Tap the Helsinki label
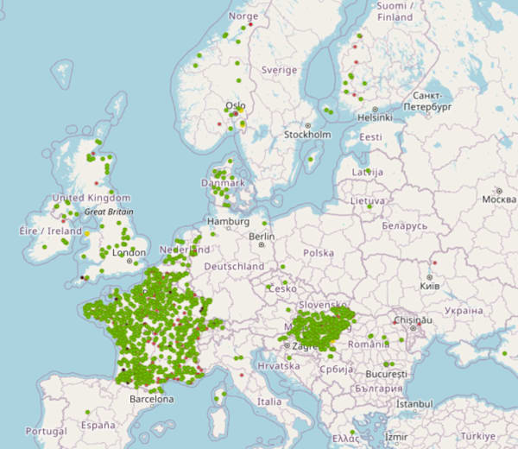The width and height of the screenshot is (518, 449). pyautogui.click(x=375, y=117)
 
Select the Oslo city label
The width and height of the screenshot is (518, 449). pyautogui.click(x=235, y=106)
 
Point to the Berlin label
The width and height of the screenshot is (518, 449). pyautogui.click(x=261, y=237)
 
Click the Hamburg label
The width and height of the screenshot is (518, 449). pyautogui.click(x=228, y=222)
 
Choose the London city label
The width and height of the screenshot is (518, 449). pyautogui.click(x=129, y=253)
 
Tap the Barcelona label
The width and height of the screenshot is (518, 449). pyautogui.click(x=151, y=400)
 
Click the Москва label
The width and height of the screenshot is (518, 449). pyautogui.click(x=499, y=199)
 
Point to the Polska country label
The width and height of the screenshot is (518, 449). pyautogui.click(x=318, y=253)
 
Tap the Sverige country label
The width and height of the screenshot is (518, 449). pyautogui.click(x=279, y=70)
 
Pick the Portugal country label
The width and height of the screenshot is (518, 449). pyautogui.click(x=46, y=431)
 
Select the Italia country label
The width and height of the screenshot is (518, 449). pyautogui.click(x=269, y=402)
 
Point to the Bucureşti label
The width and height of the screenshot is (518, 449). pyautogui.click(x=385, y=376)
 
